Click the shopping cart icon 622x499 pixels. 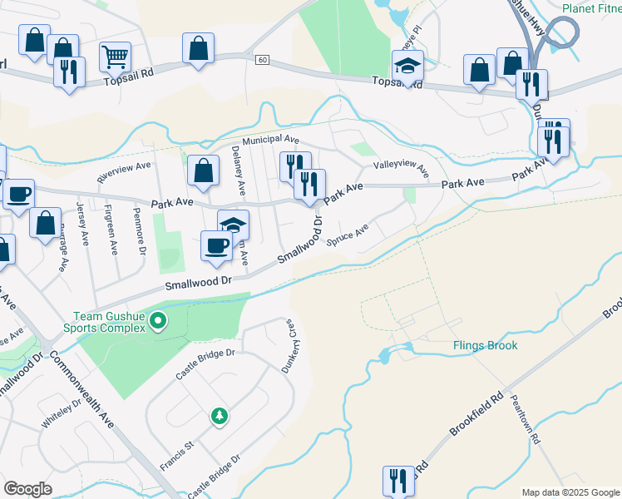pyautogui.click(x=115, y=57)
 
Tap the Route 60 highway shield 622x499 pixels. pyautogui.click(x=263, y=60)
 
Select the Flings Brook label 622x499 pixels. pyautogui.click(x=486, y=345)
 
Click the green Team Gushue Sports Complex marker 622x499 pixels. pyautogui.click(x=161, y=322)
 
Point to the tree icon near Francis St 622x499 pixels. pyautogui.click(x=219, y=415)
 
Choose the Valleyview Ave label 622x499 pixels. pyautogui.click(x=400, y=168)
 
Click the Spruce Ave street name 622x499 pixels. pyautogui.click(x=348, y=236)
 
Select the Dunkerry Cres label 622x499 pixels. pyautogui.click(x=288, y=345)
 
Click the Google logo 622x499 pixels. pyautogui.click(x=27, y=488)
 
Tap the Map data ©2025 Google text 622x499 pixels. pyautogui.click(x=570, y=492)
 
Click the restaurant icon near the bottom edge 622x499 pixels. pyautogui.click(x=397, y=481)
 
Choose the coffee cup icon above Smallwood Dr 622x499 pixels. pyautogui.click(x=216, y=245)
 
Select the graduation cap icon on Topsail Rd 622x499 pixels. pyautogui.click(x=407, y=65)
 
